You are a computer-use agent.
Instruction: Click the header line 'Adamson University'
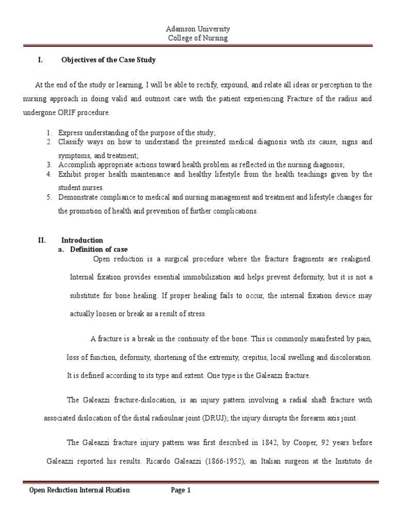(198, 29)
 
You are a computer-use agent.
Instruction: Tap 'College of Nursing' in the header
(198, 38)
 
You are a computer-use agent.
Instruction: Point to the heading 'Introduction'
(82, 240)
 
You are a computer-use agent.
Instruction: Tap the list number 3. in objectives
(48, 165)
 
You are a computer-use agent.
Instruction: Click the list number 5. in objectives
(48, 198)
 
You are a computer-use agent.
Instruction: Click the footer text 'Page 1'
(181, 490)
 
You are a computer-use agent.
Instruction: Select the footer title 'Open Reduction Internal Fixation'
(79, 490)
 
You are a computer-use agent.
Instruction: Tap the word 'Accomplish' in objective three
(77, 165)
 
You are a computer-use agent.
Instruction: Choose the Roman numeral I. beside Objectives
(40, 60)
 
